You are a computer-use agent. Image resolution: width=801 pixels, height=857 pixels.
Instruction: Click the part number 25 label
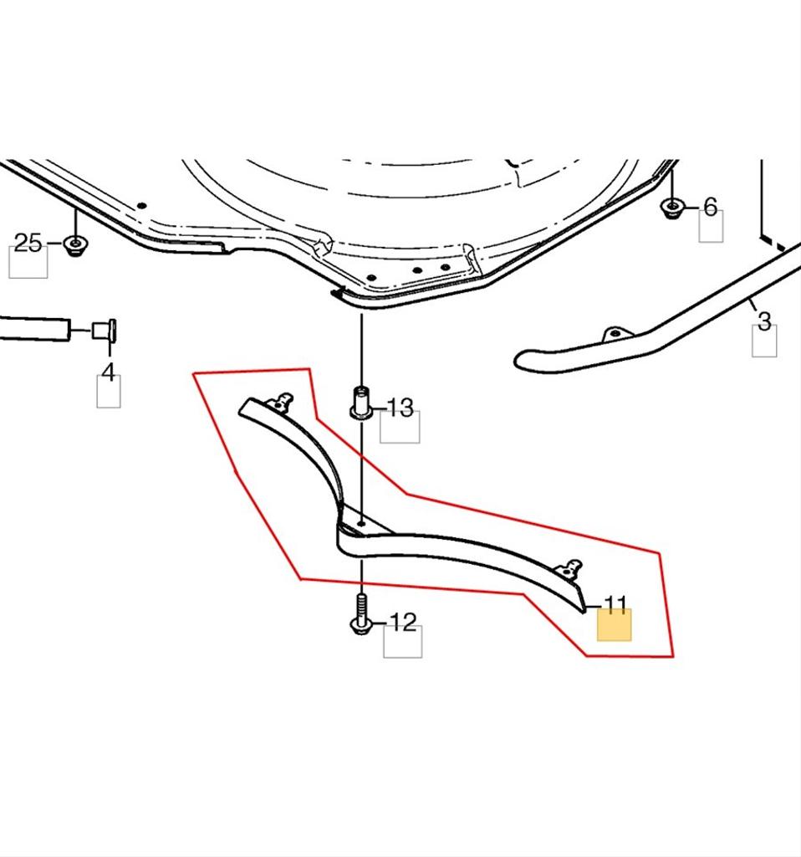click(28, 243)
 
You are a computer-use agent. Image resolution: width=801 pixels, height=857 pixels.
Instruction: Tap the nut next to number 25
click(75, 245)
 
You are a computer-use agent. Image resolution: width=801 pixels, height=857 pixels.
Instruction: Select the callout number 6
click(711, 208)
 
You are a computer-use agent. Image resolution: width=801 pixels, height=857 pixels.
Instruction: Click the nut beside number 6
click(672, 208)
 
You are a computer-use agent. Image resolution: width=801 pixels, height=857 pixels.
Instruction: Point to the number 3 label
click(764, 321)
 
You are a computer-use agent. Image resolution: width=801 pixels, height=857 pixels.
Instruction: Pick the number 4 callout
click(109, 372)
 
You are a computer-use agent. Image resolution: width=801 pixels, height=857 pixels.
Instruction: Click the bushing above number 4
click(104, 330)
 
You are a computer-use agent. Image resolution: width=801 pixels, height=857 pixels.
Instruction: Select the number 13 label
click(400, 408)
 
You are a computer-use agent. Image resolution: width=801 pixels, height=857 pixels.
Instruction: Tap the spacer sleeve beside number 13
click(361, 403)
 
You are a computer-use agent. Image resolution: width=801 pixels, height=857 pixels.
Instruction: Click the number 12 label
click(403, 622)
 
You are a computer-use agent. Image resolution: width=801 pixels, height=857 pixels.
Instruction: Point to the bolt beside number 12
click(361, 615)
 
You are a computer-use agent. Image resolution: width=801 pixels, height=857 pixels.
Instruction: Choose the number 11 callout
click(615, 604)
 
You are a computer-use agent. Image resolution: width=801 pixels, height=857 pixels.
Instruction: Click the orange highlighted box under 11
click(615, 624)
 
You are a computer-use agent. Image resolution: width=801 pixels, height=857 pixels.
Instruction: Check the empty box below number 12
click(403, 642)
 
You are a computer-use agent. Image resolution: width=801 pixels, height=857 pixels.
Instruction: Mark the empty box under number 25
click(28, 262)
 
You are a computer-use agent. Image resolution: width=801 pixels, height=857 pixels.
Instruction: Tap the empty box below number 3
click(764, 341)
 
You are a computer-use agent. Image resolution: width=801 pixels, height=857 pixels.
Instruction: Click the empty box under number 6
click(712, 226)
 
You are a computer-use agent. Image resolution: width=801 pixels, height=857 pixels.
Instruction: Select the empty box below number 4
click(109, 392)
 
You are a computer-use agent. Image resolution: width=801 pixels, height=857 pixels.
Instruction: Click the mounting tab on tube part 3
click(614, 334)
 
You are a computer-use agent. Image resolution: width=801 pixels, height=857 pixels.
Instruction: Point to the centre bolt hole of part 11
click(361, 524)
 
